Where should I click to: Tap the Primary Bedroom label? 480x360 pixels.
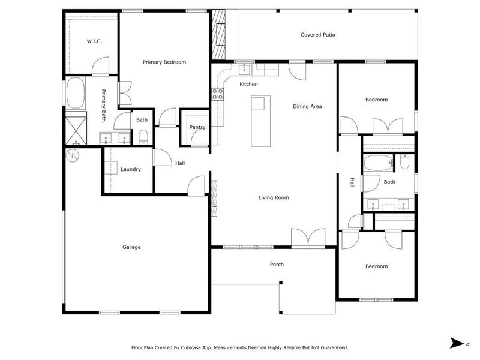pos(164,62)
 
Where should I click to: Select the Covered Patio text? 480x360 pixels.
pos(317,35)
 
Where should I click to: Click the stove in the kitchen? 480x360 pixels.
pos(217,94)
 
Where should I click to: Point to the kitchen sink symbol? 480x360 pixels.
pos(244,69)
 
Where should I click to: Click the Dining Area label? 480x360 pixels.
pos(307,106)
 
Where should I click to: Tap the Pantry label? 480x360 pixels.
pos(197,127)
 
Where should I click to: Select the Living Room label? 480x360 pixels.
pos(274,197)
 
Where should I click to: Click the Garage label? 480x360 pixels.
pos(131,247)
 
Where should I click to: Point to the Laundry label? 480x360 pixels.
pos(130,169)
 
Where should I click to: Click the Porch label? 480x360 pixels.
pos(277,264)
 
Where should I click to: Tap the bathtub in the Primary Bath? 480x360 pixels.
pos(75,94)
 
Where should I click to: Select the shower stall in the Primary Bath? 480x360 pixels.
pos(76,128)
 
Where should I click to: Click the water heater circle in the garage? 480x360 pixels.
pos(73,155)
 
